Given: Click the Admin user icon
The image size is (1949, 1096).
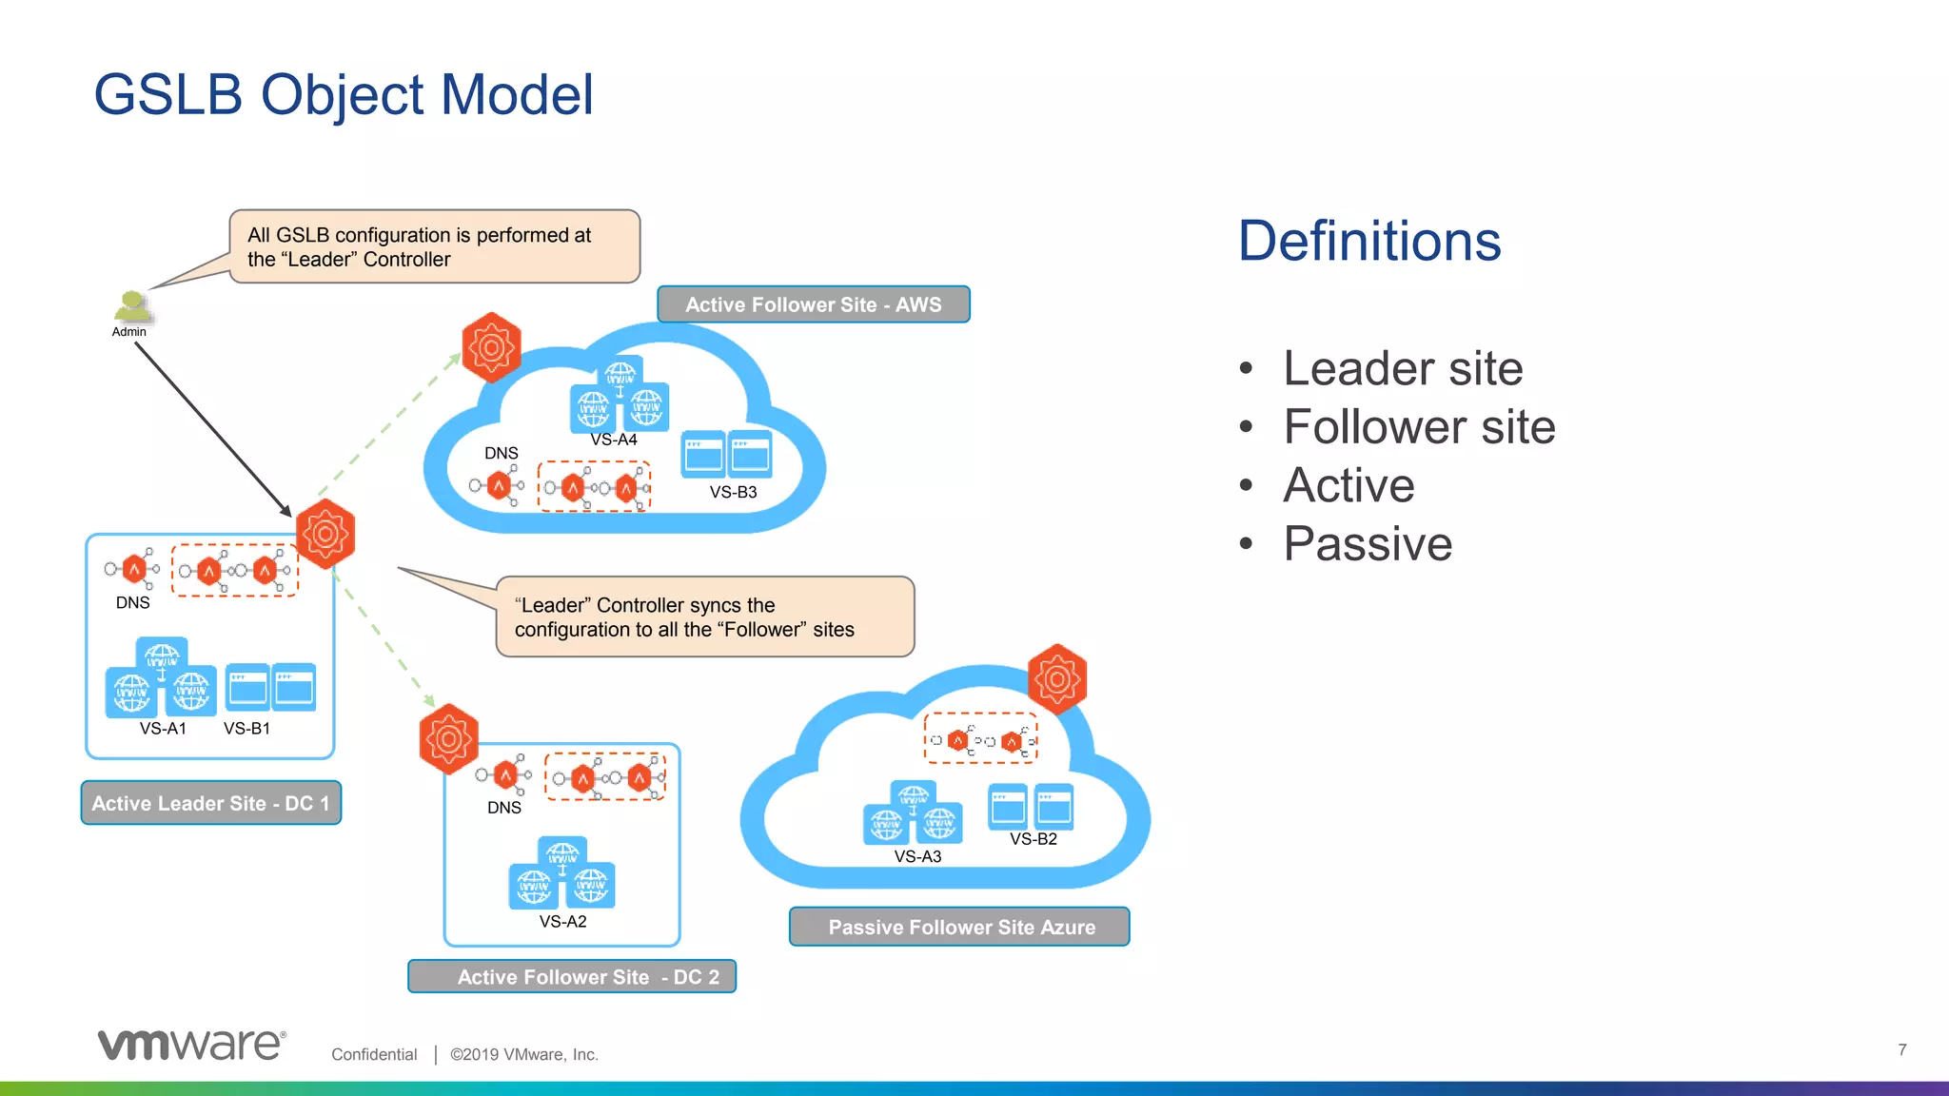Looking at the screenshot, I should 131,307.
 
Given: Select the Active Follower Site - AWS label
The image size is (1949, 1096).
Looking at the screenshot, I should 814,304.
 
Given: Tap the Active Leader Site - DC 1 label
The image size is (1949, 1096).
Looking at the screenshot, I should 210,803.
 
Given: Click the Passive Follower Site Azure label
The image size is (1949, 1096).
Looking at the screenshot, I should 960,927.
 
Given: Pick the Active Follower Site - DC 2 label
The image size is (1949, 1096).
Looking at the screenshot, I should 572,977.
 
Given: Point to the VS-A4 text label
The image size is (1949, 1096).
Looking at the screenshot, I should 614,440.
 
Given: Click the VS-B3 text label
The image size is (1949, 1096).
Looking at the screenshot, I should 733,492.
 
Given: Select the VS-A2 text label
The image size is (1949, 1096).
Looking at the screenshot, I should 562,921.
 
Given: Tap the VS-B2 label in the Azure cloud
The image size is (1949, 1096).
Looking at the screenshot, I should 1033,838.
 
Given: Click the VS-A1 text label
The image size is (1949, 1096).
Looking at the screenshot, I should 163,728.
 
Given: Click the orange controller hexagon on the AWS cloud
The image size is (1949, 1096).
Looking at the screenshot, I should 491,347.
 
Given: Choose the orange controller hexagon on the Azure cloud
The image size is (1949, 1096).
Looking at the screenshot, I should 1057,679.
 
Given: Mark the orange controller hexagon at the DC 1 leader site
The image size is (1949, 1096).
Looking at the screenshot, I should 325,534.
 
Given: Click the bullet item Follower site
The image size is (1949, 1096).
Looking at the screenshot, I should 1418,426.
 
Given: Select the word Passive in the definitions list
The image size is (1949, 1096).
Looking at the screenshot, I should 1368,543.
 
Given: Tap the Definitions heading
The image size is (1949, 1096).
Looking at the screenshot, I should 1368,241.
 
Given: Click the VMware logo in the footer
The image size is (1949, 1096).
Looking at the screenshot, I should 191,1045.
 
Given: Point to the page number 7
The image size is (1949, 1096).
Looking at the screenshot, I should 1901,1049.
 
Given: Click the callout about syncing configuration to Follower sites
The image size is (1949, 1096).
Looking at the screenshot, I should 704,616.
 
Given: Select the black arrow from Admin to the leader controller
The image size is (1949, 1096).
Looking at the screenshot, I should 212,428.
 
